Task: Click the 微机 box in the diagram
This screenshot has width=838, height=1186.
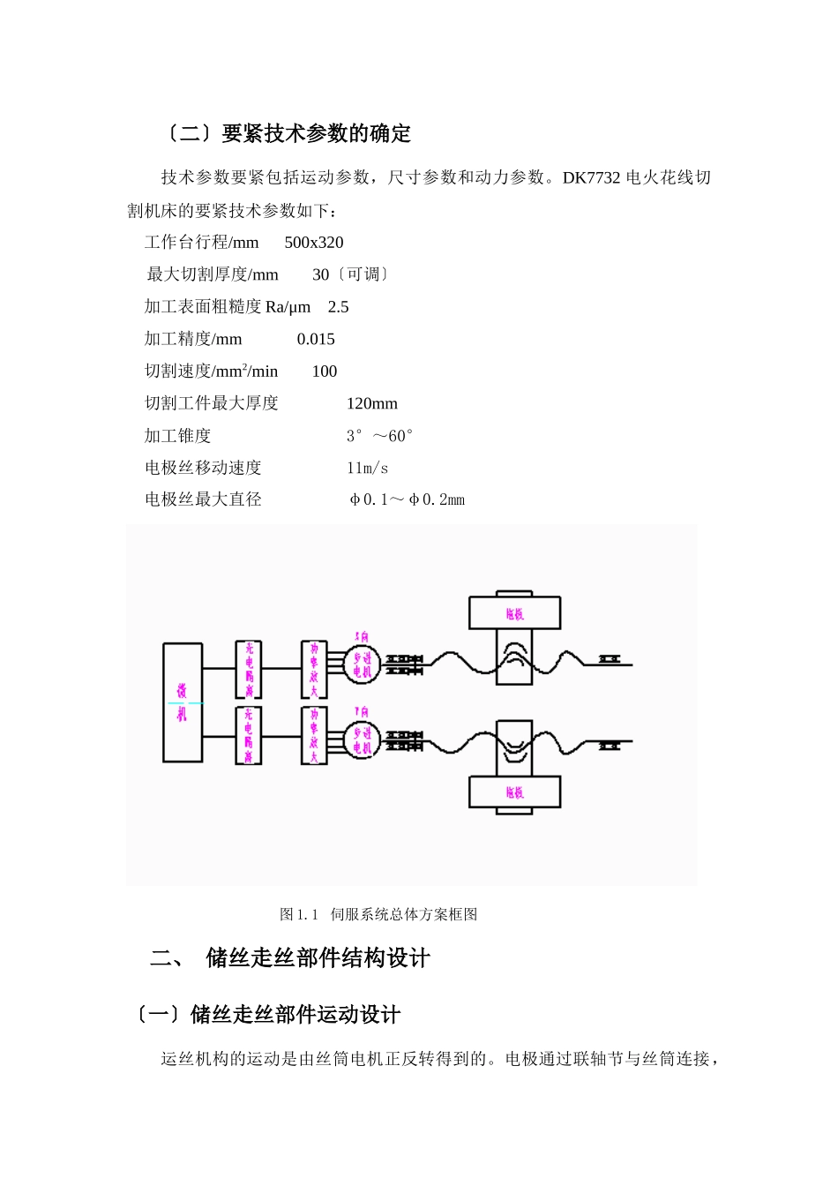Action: click(183, 702)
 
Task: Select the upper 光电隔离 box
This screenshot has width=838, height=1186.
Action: click(249, 669)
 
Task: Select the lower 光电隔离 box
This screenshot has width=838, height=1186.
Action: click(249, 735)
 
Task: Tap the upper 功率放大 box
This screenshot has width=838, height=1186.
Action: click(314, 669)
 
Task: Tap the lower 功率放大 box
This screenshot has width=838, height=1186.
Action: click(314, 735)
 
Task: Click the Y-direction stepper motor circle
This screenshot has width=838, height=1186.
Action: click(363, 739)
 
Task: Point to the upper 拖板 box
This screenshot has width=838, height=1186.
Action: click(514, 612)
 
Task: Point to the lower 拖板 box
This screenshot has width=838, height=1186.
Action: click(514, 792)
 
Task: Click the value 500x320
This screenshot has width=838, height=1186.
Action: click(314, 243)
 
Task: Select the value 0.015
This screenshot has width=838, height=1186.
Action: click(316, 339)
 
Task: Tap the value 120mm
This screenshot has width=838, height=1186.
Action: click(371, 403)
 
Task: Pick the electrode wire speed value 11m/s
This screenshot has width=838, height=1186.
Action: click(367, 468)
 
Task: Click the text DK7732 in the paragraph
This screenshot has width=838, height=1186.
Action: click(591, 177)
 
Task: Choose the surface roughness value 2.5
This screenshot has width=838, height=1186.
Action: click(338, 307)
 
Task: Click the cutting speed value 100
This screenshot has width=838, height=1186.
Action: click(325, 372)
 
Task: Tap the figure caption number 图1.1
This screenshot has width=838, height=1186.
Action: click(298, 914)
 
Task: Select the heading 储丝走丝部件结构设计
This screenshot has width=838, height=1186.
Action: click(318, 957)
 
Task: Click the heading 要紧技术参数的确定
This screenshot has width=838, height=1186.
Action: click(316, 134)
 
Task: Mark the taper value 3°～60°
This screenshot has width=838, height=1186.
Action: click(379, 436)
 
